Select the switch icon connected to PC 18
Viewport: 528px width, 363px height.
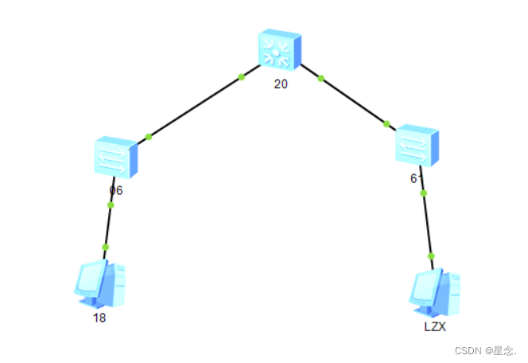(x=116, y=157)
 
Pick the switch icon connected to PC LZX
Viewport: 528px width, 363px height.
(x=417, y=144)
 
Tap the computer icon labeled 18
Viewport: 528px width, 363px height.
(x=100, y=283)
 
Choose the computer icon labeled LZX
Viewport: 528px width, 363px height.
(x=435, y=292)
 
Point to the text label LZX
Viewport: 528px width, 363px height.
(x=435, y=326)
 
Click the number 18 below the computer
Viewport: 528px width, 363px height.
(x=99, y=317)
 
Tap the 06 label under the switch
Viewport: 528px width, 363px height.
(x=116, y=190)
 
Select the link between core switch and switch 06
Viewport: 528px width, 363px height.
(x=195, y=107)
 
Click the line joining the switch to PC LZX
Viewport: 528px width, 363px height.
(x=427, y=224)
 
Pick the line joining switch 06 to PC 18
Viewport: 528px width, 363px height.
(x=108, y=226)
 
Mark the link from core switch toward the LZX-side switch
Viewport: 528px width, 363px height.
(x=353, y=101)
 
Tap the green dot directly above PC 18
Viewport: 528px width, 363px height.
(x=105, y=248)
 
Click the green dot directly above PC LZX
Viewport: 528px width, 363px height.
(x=431, y=256)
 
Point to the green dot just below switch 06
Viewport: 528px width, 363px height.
(x=111, y=205)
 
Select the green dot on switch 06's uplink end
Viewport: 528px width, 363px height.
(x=149, y=136)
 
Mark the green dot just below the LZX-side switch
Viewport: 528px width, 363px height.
(x=423, y=193)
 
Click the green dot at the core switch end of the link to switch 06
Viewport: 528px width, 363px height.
(x=241, y=77)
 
